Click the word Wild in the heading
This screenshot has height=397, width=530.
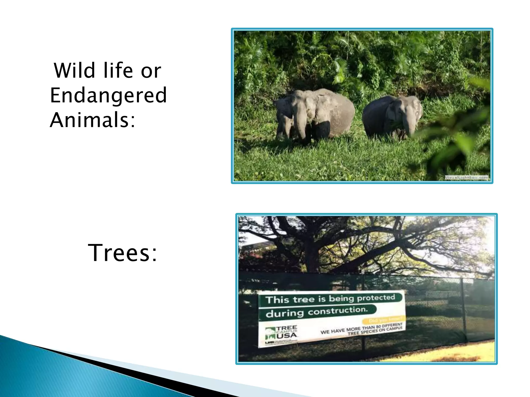click(75, 71)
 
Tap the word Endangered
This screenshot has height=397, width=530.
click(108, 95)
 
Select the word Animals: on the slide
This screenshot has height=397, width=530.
click(92, 120)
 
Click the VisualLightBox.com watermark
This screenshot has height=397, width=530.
click(466, 178)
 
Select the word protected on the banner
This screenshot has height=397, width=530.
click(376, 298)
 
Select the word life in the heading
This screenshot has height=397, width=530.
click(118, 71)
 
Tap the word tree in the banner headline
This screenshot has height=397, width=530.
click(304, 299)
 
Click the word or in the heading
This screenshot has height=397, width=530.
click(151, 71)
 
